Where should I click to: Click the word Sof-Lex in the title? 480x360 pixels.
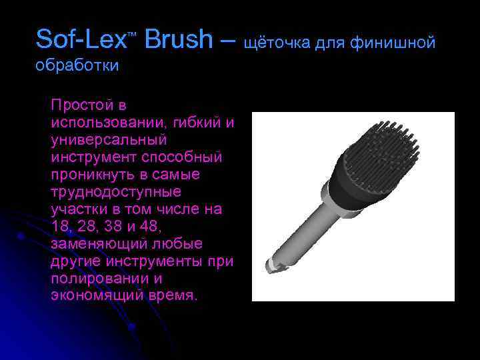[x=80, y=40]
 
